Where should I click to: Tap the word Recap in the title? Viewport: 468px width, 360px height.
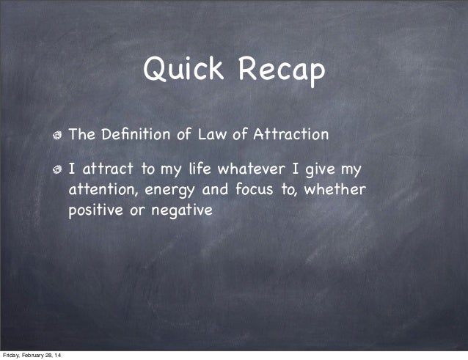tap(279, 71)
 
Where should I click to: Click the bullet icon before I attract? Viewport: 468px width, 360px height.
tap(57, 170)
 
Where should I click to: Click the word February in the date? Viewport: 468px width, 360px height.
tap(36, 355)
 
